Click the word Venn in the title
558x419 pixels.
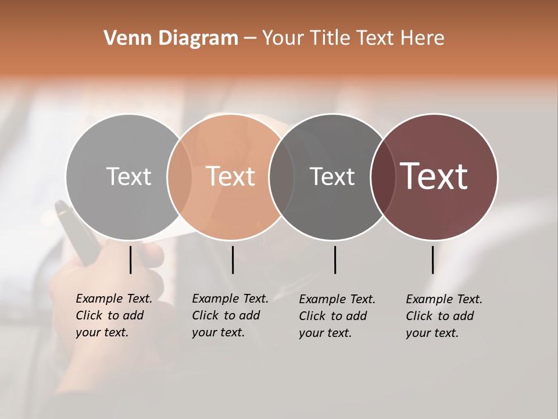click(124, 38)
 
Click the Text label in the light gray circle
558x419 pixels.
click(128, 176)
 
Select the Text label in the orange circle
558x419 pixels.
click(231, 176)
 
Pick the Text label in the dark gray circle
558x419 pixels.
click(332, 176)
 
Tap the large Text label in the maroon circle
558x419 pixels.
click(434, 176)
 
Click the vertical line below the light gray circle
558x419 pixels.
click(130, 260)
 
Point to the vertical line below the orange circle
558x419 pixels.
click(233, 260)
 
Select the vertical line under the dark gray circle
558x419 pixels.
click(335, 260)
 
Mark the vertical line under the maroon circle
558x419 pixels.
click(432, 260)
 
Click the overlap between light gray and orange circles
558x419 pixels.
click(180, 176)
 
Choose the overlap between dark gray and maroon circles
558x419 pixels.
click(382, 176)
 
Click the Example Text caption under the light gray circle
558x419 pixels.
click(113, 315)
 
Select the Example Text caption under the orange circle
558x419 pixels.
click(230, 315)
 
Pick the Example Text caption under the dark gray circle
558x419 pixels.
click(337, 316)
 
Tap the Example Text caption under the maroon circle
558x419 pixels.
click(443, 316)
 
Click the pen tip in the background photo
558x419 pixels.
click(60, 207)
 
